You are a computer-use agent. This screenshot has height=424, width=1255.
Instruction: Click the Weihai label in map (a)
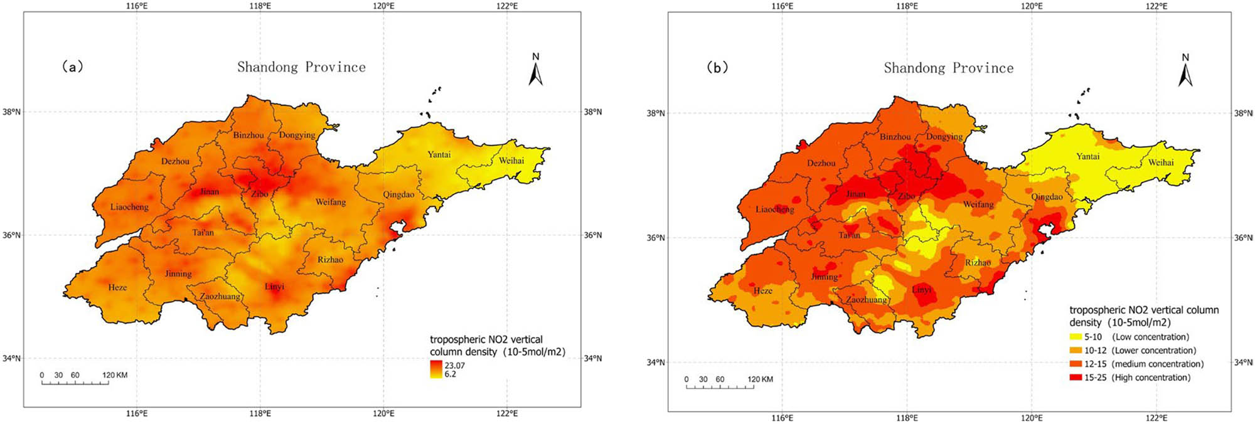pos(511,161)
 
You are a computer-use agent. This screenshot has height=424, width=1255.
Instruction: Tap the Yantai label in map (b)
pos(1087,156)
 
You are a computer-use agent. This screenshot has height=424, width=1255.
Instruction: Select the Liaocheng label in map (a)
pos(129,207)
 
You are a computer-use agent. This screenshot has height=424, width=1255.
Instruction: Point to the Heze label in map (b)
pos(763,290)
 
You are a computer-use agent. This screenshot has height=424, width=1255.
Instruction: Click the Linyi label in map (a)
pos(274,287)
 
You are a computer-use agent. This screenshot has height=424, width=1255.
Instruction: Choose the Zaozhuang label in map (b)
pos(866,300)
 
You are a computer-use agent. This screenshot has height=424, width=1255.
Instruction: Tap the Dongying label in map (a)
pos(297,135)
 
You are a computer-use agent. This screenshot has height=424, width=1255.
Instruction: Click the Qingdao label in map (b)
pos(1047,197)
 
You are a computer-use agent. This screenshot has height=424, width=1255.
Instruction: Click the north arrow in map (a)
pos(535,70)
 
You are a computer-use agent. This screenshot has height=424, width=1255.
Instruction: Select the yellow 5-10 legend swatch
pos(1076,337)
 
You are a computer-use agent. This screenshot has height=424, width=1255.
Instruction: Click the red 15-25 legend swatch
pos(1076,378)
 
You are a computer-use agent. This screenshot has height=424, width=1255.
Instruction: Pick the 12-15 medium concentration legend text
pos(1144,364)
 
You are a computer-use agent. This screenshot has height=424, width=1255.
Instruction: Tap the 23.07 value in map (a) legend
pos(455,365)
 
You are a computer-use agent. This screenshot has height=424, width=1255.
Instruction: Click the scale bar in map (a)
pos(75,382)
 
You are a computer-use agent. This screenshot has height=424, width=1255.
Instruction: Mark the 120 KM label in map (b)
pos(760,379)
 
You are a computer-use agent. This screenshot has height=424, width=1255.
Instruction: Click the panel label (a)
pos(72,66)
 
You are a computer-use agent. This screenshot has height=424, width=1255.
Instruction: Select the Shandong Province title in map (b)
pos(948,68)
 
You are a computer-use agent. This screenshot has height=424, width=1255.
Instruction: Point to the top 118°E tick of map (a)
pos(260,6)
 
